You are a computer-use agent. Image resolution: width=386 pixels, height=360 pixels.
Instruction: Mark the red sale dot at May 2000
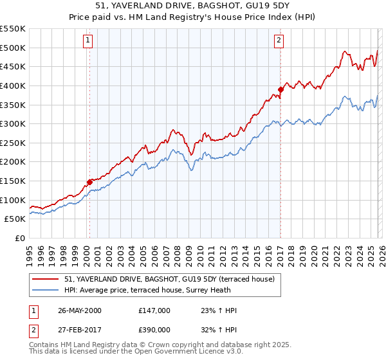point(89,182)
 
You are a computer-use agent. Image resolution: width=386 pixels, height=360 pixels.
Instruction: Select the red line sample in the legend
point(46,279)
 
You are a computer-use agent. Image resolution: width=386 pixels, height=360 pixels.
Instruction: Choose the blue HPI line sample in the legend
point(46,290)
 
